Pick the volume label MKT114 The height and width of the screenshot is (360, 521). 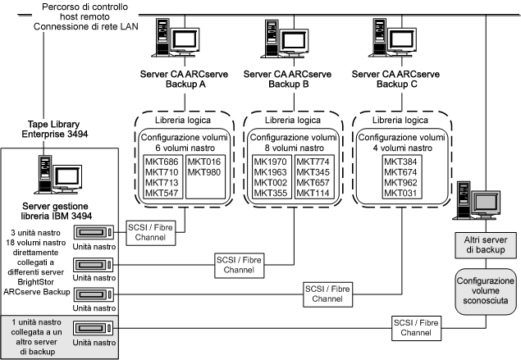(x=313, y=193)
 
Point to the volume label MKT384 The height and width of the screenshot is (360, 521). (x=402, y=161)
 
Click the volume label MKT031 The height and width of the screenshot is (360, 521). (x=402, y=193)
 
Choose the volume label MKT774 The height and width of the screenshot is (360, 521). (x=313, y=161)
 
